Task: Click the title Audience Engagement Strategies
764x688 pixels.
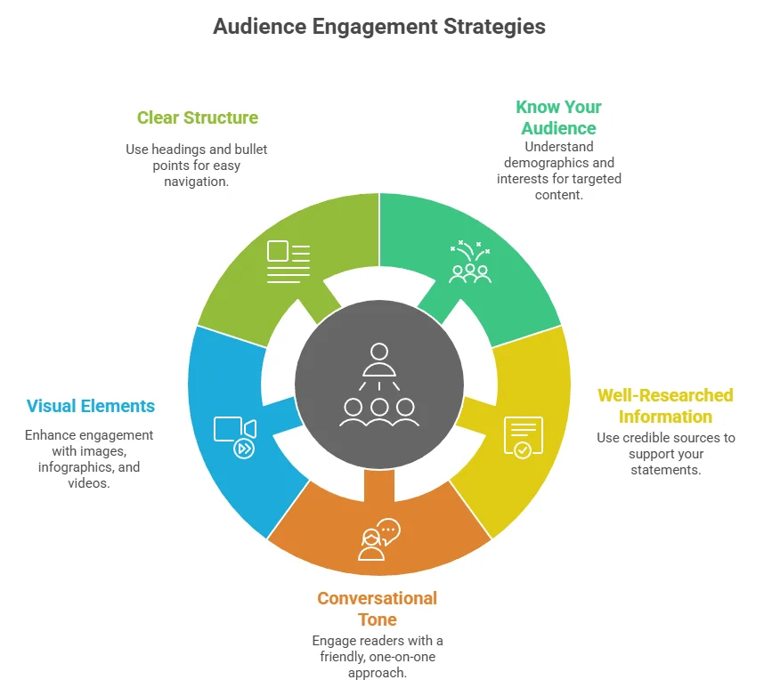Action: click(379, 27)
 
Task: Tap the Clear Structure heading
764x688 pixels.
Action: click(198, 117)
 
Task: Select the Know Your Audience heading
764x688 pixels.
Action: click(558, 117)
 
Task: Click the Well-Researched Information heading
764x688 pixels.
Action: click(665, 406)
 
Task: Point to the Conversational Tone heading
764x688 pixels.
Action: click(377, 609)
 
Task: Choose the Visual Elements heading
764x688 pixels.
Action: click(91, 407)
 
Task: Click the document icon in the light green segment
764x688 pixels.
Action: click(289, 262)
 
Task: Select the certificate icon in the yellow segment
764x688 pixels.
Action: click(523, 436)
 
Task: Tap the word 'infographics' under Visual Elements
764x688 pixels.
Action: click(77, 466)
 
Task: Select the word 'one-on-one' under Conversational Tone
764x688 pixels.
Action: click(402, 657)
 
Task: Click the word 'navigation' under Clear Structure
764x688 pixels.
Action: click(196, 182)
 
